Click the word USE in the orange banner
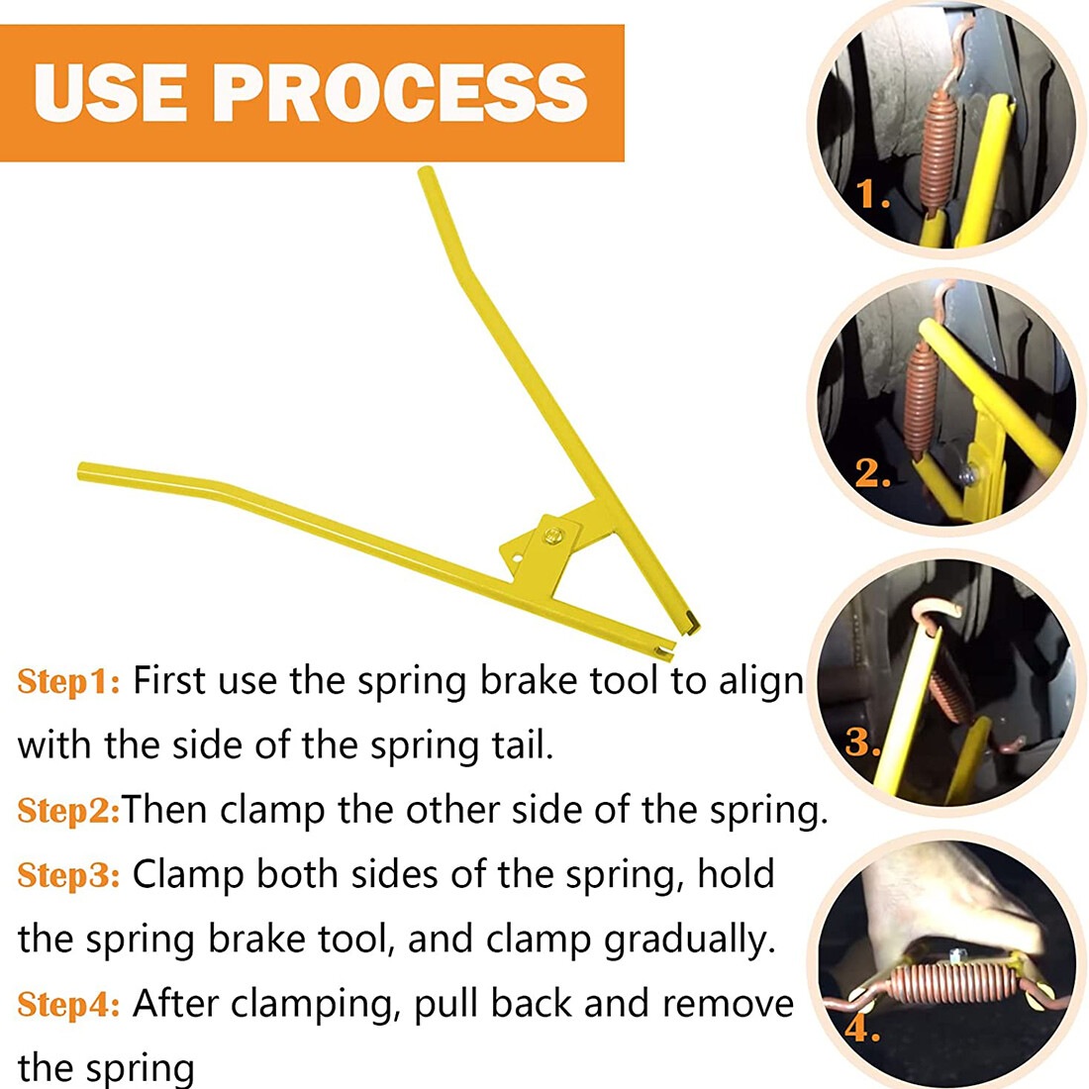[110, 92]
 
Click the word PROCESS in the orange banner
[400, 92]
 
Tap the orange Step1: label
[68, 681]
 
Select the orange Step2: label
[68, 811]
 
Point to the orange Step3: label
[68, 875]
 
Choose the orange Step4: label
[68, 1004]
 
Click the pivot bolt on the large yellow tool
[552, 535]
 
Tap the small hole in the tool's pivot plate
[516, 557]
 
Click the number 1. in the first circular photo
[872, 194]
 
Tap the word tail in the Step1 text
[522, 745]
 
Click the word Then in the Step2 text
[164, 810]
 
